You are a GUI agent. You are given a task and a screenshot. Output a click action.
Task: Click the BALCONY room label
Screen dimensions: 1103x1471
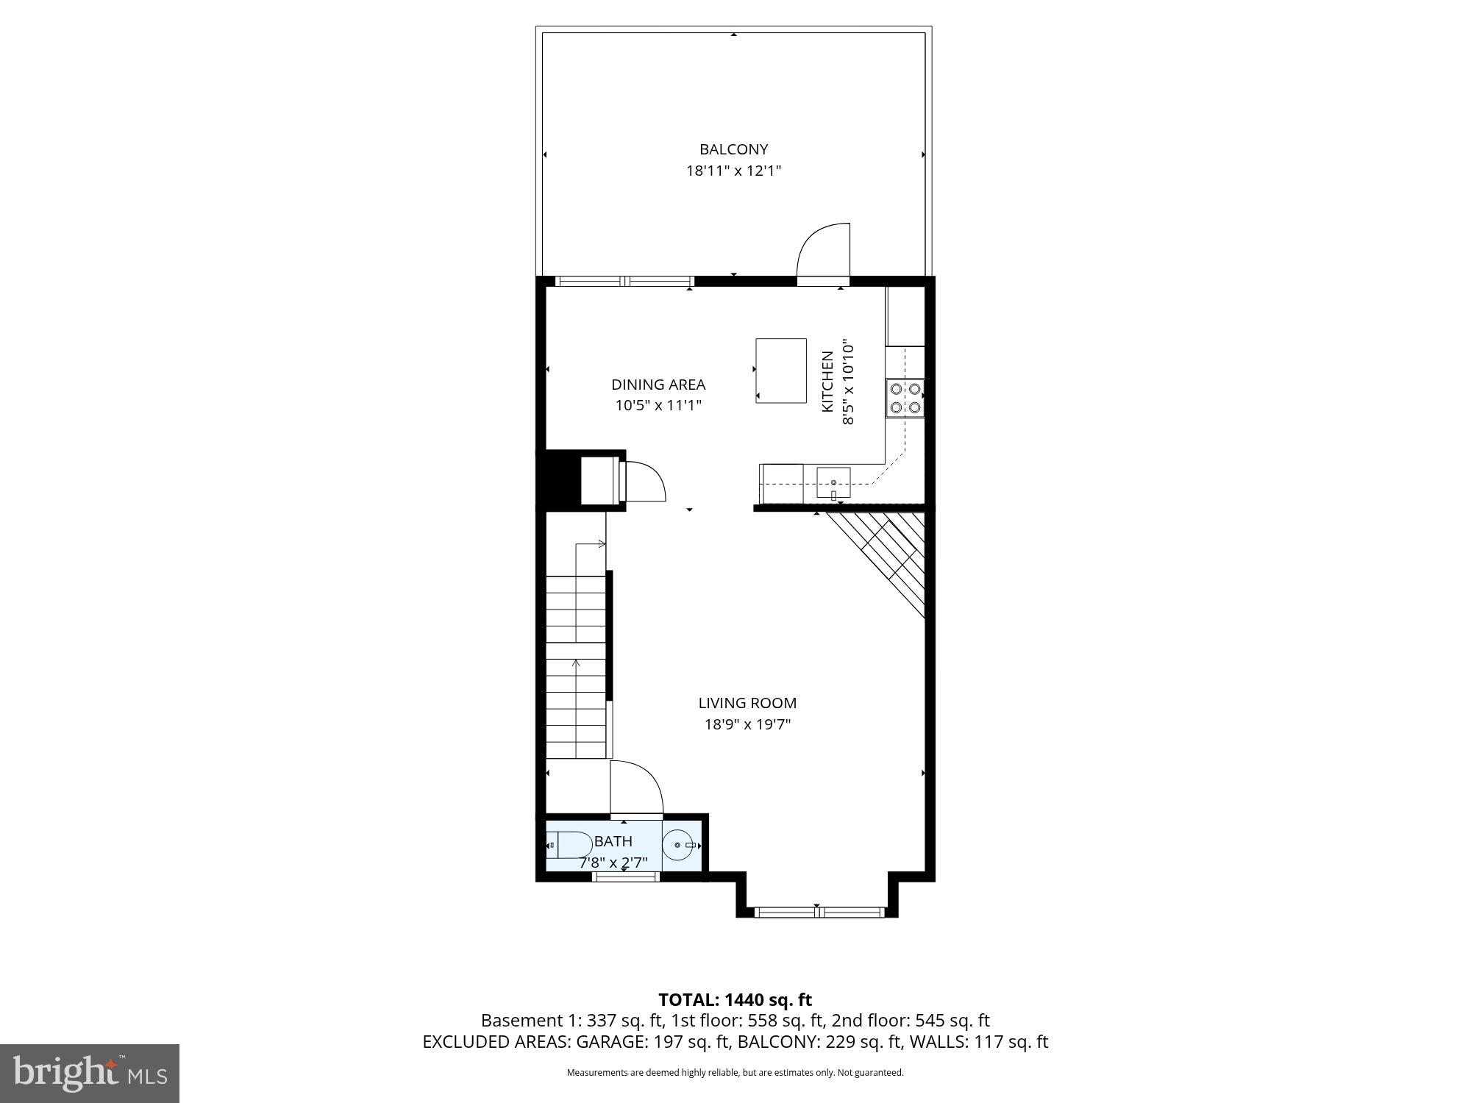[x=733, y=149]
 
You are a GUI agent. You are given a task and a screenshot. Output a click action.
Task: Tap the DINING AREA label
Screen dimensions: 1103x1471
[x=658, y=385]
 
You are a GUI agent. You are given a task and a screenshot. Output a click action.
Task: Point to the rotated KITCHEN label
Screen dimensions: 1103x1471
[x=827, y=381]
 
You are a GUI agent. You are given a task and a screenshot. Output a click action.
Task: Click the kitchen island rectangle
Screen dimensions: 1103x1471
[x=781, y=371]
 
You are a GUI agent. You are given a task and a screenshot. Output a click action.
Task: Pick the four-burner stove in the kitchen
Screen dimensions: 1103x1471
[x=905, y=398]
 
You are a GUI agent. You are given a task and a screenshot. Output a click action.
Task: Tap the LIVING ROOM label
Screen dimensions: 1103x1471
[x=747, y=703]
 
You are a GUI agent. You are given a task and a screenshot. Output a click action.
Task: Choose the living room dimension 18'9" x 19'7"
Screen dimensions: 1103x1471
[x=747, y=724]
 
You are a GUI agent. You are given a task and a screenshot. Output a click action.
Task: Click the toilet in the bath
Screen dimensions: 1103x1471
[x=569, y=845]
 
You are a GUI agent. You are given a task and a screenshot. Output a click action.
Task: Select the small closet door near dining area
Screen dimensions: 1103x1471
[x=644, y=482]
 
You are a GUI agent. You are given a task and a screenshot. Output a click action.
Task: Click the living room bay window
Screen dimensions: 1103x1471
[x=819, y=913]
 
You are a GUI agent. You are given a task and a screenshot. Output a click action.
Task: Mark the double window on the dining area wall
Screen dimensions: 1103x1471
[x=624, y=281]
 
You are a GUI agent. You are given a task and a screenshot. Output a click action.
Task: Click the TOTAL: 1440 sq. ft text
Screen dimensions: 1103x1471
[x=735, y=1000]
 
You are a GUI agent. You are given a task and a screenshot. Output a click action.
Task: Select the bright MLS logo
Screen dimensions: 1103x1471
[x=89, y=1073]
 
